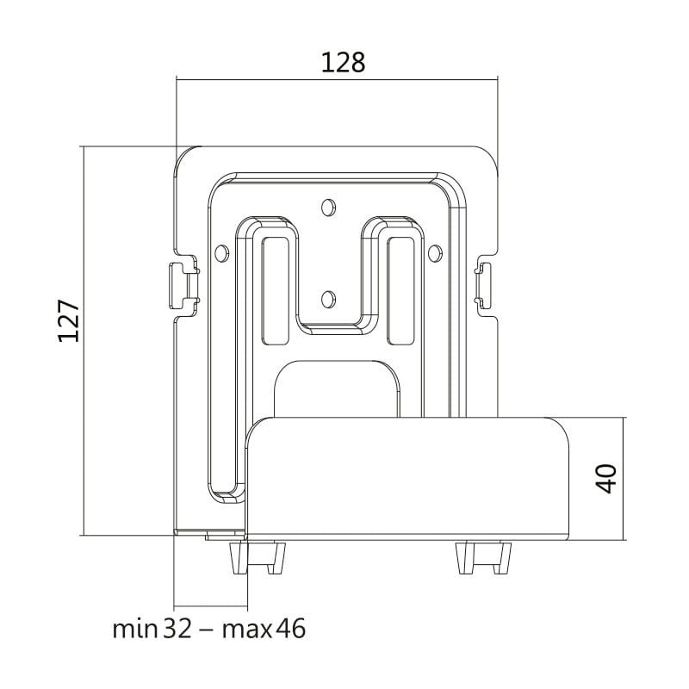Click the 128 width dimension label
pyautogui.click(x=343, y=62)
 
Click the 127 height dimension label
pyautogui.click(x=69, y=320)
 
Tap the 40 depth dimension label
pyautogui.click(x=605, y=479)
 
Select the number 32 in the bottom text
pyautogui.click(x=178, y=629)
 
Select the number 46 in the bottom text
pyautogui.click(x=290, y=629)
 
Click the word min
pyautogui.click(x=135, y=630)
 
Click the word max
pyautogui.click(x=247, y=631)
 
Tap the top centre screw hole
pyautogui.click(x=328, y=208)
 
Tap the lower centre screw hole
pyautogui.click(x=328, y=299)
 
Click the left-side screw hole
pyautogui.click(x=222, y=253)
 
